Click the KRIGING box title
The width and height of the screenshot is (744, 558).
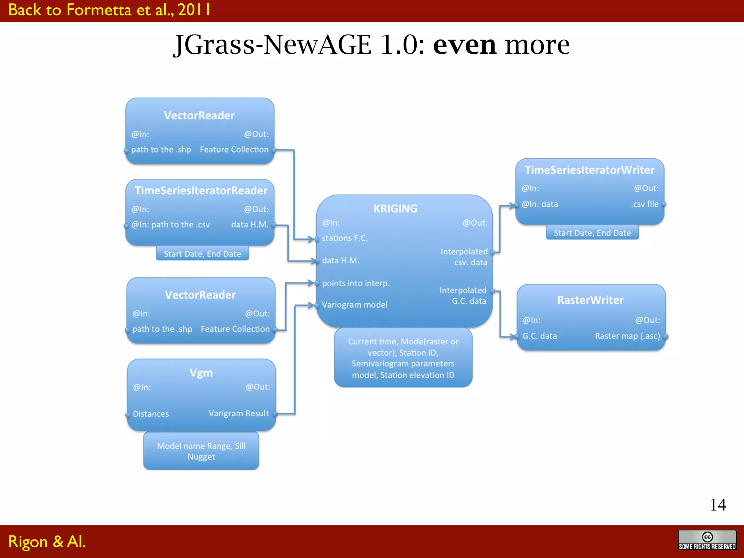point(395,209)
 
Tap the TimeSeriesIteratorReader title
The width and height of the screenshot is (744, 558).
point(201,190)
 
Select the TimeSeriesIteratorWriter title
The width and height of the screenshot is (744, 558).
point(589,170)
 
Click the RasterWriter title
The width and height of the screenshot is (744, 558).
point(590,300)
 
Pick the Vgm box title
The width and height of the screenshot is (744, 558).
point(201,373)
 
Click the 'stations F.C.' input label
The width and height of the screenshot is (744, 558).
point(345,238)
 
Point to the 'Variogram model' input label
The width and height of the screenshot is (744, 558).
point(355,305)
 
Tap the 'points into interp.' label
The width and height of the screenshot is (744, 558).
point(356,283)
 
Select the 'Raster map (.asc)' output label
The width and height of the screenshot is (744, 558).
point(627,336)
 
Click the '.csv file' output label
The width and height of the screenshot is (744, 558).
point(645,204)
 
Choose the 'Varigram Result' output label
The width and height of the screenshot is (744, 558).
point(239,413)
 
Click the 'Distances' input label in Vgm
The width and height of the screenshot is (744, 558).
point(151,414)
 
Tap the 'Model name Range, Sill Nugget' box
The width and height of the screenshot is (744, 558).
point(201,451)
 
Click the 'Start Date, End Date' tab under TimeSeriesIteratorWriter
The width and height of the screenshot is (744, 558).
point(592,233)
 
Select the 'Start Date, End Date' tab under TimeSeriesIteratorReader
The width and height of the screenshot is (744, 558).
point(202,254)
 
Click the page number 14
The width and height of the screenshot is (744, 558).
point(718,505)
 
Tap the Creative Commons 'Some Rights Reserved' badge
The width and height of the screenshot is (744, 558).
point(707,540)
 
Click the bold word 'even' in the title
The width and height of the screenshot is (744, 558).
point(465,45)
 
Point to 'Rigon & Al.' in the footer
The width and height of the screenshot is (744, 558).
point(47,542)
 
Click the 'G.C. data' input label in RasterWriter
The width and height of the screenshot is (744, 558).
point(539,336)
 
